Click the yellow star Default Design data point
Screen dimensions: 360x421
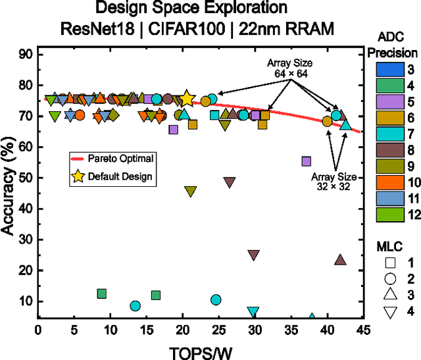(187, 99)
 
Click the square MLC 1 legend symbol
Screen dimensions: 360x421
(389, 261)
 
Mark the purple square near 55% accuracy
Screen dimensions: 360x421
(306, 161)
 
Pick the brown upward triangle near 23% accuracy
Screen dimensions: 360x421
(340, 260)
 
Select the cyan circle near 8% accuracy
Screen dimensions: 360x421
(136, 306)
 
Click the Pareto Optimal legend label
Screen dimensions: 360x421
(121, 159)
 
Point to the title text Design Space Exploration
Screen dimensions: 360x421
(191, 9)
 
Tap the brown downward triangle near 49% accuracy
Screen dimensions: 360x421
(230, 182)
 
